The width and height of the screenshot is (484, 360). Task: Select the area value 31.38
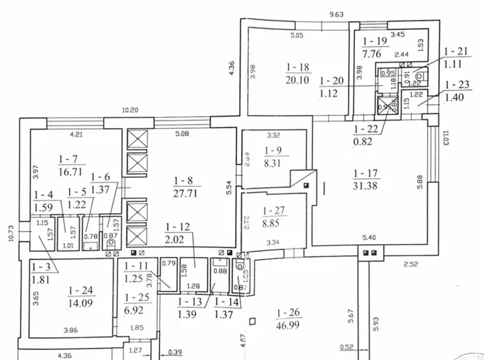[364, 185]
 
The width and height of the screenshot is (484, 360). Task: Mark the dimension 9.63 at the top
[336, 13]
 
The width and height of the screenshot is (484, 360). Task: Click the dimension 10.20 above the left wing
[129, 110]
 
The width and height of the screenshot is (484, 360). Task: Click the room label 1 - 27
[274, 211]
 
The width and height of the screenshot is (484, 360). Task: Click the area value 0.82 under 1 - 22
[362, 142]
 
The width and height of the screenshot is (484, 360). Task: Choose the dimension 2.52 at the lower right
[407, 266]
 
